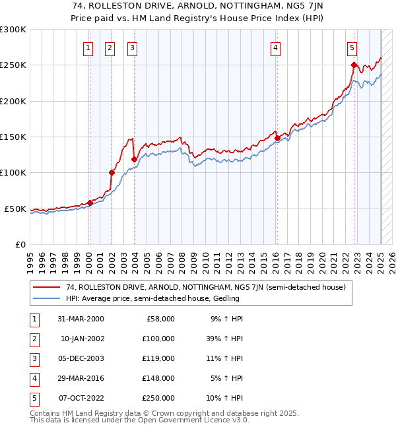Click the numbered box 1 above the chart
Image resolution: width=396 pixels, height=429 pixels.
(x=88, y=47)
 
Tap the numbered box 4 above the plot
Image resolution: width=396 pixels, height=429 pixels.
(x=275, y=47)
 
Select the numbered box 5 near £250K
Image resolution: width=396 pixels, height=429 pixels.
(x=352, y=47)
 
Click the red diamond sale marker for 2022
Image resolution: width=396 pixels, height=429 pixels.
(x=354, y=65)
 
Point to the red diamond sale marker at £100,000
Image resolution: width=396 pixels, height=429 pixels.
(x=112, y=172)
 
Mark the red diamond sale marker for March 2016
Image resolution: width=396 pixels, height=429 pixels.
(x=277, y=138)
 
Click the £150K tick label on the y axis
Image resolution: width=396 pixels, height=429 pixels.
(x=13, y=137)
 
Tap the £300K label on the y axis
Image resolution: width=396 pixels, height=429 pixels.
(x=13, y=30)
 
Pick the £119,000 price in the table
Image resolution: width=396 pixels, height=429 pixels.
(x=159, y=358)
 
